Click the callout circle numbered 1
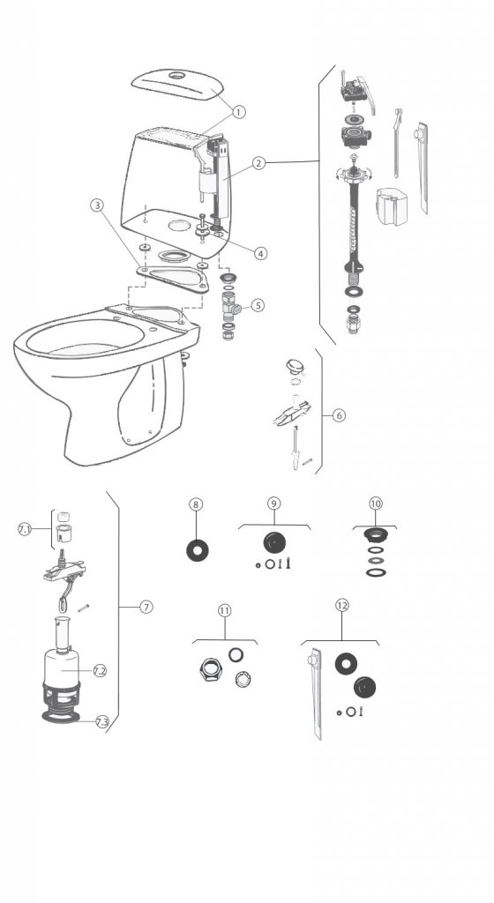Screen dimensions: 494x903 point(239,112)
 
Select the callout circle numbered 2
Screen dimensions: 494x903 point(259,163)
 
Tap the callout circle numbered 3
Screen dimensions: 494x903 point(97,205)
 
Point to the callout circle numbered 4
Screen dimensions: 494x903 point(261,253)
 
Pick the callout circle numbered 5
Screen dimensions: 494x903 point(258,305)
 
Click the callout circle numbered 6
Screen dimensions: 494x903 point(339,414)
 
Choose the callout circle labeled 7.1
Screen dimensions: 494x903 point(25,529)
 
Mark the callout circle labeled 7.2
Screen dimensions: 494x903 point(100,671)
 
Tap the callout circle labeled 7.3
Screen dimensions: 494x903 point(102,721)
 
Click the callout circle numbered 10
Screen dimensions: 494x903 point(376,504)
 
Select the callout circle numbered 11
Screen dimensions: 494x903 point(225,610)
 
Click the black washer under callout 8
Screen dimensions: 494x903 point(198,550)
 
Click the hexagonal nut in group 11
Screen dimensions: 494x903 point(208,670)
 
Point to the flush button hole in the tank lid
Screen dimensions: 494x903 point(177,76)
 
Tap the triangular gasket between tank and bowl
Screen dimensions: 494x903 point(173,279)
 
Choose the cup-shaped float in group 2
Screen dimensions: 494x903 point(392,204)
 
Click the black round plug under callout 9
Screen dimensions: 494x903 point(274,543)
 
